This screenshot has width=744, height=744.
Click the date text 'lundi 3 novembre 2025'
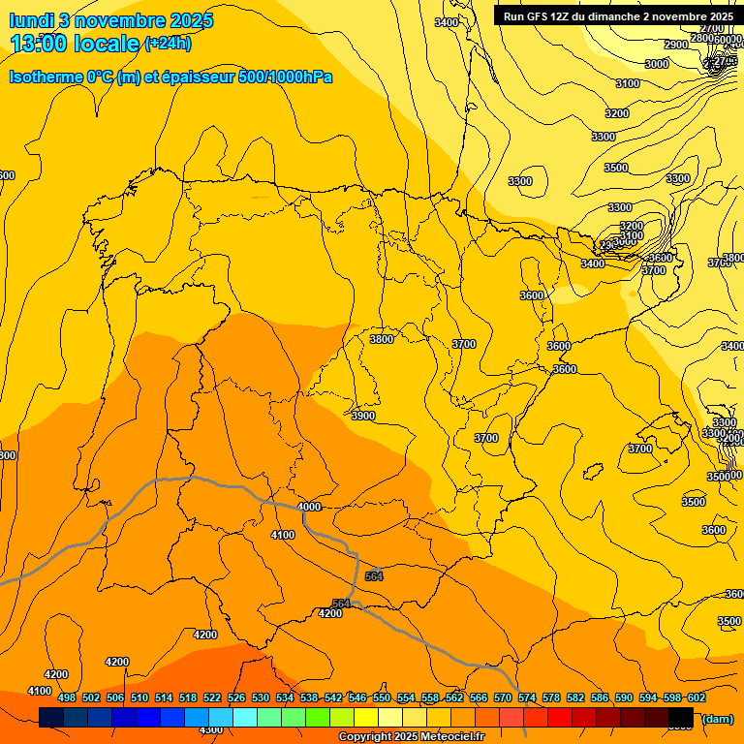111,20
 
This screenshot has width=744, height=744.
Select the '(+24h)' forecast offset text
168,43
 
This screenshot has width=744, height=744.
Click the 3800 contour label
382,339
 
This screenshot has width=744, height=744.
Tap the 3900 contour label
363,416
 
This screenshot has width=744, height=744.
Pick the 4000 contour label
309,507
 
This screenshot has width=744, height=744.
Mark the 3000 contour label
657,64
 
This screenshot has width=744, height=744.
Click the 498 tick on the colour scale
67,697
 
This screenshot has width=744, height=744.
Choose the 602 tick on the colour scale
697,697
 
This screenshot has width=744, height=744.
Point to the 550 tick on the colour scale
382,697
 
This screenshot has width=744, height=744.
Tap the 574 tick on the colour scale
527,697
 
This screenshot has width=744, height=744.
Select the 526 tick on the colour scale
236,697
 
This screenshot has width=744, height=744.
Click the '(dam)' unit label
717,718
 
